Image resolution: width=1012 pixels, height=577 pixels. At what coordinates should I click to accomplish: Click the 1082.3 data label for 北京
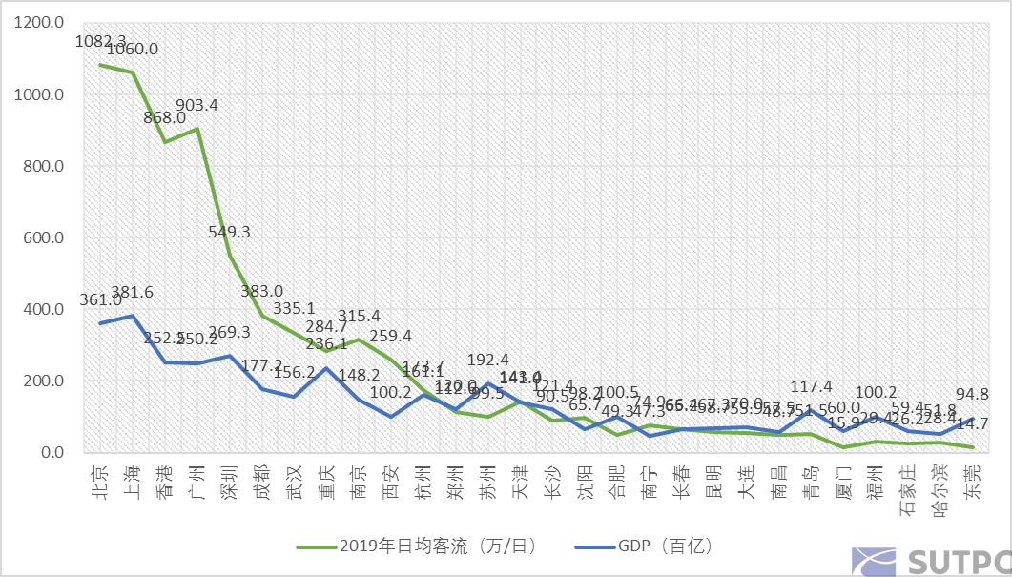pyautogui.click(x=99, y=42)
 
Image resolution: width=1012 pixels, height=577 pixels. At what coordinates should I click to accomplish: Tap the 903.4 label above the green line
pyautogui.click(x=196, y=106)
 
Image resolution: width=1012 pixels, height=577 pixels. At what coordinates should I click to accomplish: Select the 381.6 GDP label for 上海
pyautogui.click(x=133, y=293)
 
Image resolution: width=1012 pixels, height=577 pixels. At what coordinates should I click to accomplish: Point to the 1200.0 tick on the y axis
pyautogui.click(x=41, y=23)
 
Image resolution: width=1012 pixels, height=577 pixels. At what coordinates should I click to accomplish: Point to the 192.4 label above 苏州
pyautogui.click(x=488, y=361)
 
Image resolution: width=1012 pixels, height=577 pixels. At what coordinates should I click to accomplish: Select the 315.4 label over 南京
pyautogui.click(x=359, y=316)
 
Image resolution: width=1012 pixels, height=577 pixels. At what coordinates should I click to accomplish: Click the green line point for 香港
pyautogui.click(x=165, y=142)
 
